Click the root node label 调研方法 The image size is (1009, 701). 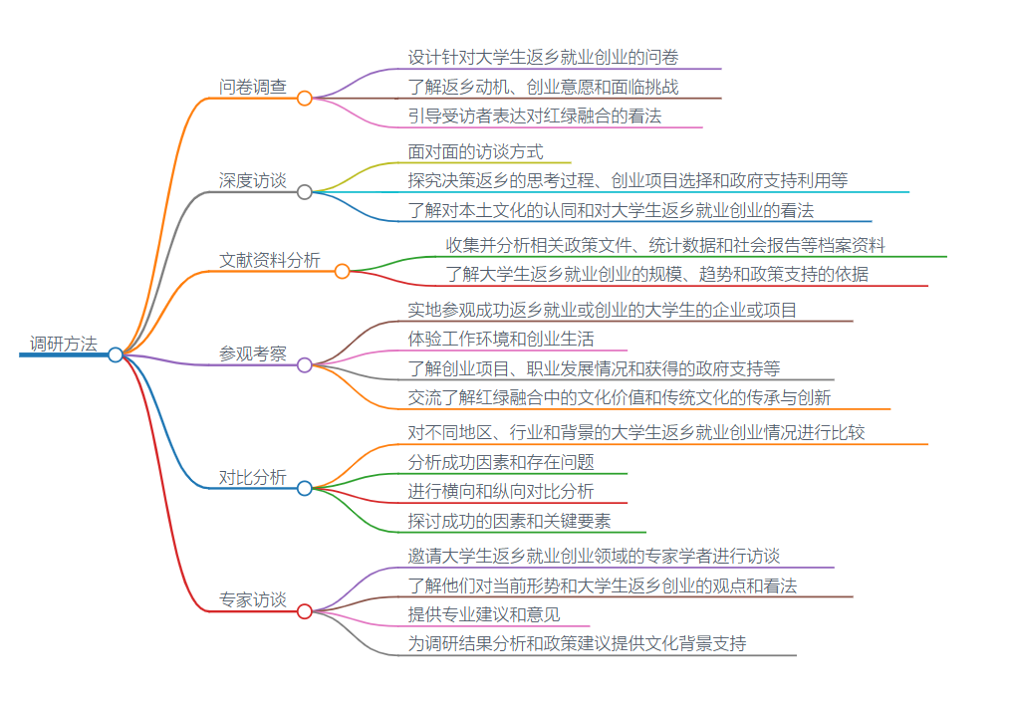(64, 345)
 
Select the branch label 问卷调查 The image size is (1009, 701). (253, 87)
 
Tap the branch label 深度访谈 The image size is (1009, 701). (253, 180)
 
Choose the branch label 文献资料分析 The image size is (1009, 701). (270, 260)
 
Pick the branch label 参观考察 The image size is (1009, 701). (253, 353)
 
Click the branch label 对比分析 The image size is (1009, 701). (253, 477)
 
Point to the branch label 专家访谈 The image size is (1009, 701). (253, 599)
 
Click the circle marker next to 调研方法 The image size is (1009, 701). (116, 354)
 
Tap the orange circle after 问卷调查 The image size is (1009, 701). (305, 98)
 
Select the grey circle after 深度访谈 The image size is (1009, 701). (305, 191)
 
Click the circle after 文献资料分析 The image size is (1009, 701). (342, 271)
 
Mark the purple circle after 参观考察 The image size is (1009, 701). (305, 364)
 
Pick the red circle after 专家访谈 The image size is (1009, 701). (305, 610)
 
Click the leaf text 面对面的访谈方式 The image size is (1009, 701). (476, 151)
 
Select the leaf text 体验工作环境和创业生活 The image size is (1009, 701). (501, 339)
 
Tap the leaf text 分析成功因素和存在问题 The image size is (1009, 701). (501, 462)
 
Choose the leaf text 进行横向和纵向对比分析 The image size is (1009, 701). (501, 491)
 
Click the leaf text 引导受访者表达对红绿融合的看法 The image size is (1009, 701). (535, 116)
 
